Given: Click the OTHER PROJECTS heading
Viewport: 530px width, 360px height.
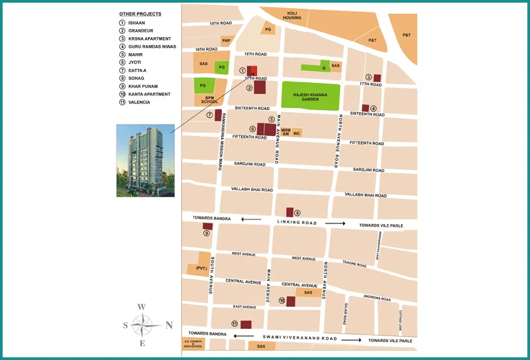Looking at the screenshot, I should pyautogui.click(x=140, y=14).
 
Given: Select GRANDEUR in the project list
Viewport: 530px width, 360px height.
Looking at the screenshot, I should pyautogui.click(x=140, y=30).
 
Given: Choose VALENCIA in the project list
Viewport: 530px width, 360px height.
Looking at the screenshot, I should pyautogui.click(x=139, y=102).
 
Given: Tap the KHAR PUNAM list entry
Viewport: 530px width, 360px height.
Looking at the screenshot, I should pyautogui.click(x=141, y=86).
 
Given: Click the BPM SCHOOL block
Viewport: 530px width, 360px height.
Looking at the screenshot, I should pyautogui.click(x=209, y=100).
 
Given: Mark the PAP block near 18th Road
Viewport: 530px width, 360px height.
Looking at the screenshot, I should pyautogui.click(x=226, y=40).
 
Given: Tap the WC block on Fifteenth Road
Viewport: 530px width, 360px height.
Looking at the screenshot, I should pyautogui.click(x=297, y=133).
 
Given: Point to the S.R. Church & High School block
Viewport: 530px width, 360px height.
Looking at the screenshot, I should pyautogui.click(x=193, y=344).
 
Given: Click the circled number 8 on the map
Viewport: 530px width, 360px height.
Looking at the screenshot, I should pyautogui.click(x=297, y=212).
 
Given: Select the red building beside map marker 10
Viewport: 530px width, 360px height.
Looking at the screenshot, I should pyautogui.click(x=290, y=301).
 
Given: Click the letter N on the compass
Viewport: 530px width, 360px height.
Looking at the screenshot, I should pyautogui.click(x=169, y=325).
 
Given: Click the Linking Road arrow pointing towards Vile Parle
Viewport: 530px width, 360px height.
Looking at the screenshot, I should pyautogui.click(x=335, y=224).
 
